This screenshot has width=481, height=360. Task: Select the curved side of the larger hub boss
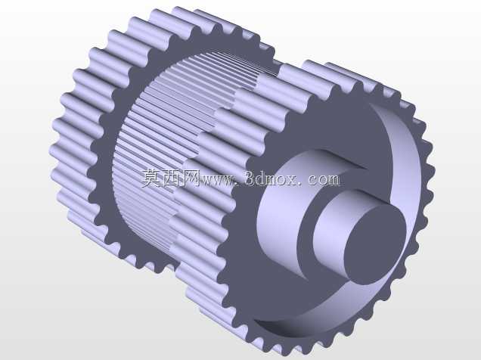pyautogui.click(x=278, y=215)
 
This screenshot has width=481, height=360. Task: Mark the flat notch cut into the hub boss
pyautogui.click(x=343, y=160)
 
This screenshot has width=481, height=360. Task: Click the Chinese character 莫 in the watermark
pyautogui.click(x=151, y=178)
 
